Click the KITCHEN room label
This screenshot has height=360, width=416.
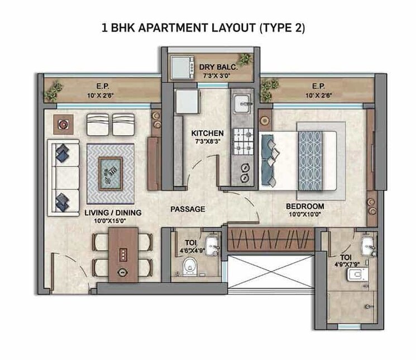point(207,133)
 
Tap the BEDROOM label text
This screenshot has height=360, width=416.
point(305,206)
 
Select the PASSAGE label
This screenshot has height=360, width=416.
point(188,209)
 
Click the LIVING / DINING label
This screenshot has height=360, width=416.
point(113,213)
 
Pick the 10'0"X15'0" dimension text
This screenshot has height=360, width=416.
point(113,221)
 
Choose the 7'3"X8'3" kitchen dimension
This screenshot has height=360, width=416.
point(207,142)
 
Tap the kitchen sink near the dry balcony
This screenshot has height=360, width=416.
point(243,102)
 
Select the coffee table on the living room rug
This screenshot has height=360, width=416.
point(110,168)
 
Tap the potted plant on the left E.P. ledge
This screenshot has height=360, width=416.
point(55,89)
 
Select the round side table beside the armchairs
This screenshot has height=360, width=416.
point(62,124)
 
